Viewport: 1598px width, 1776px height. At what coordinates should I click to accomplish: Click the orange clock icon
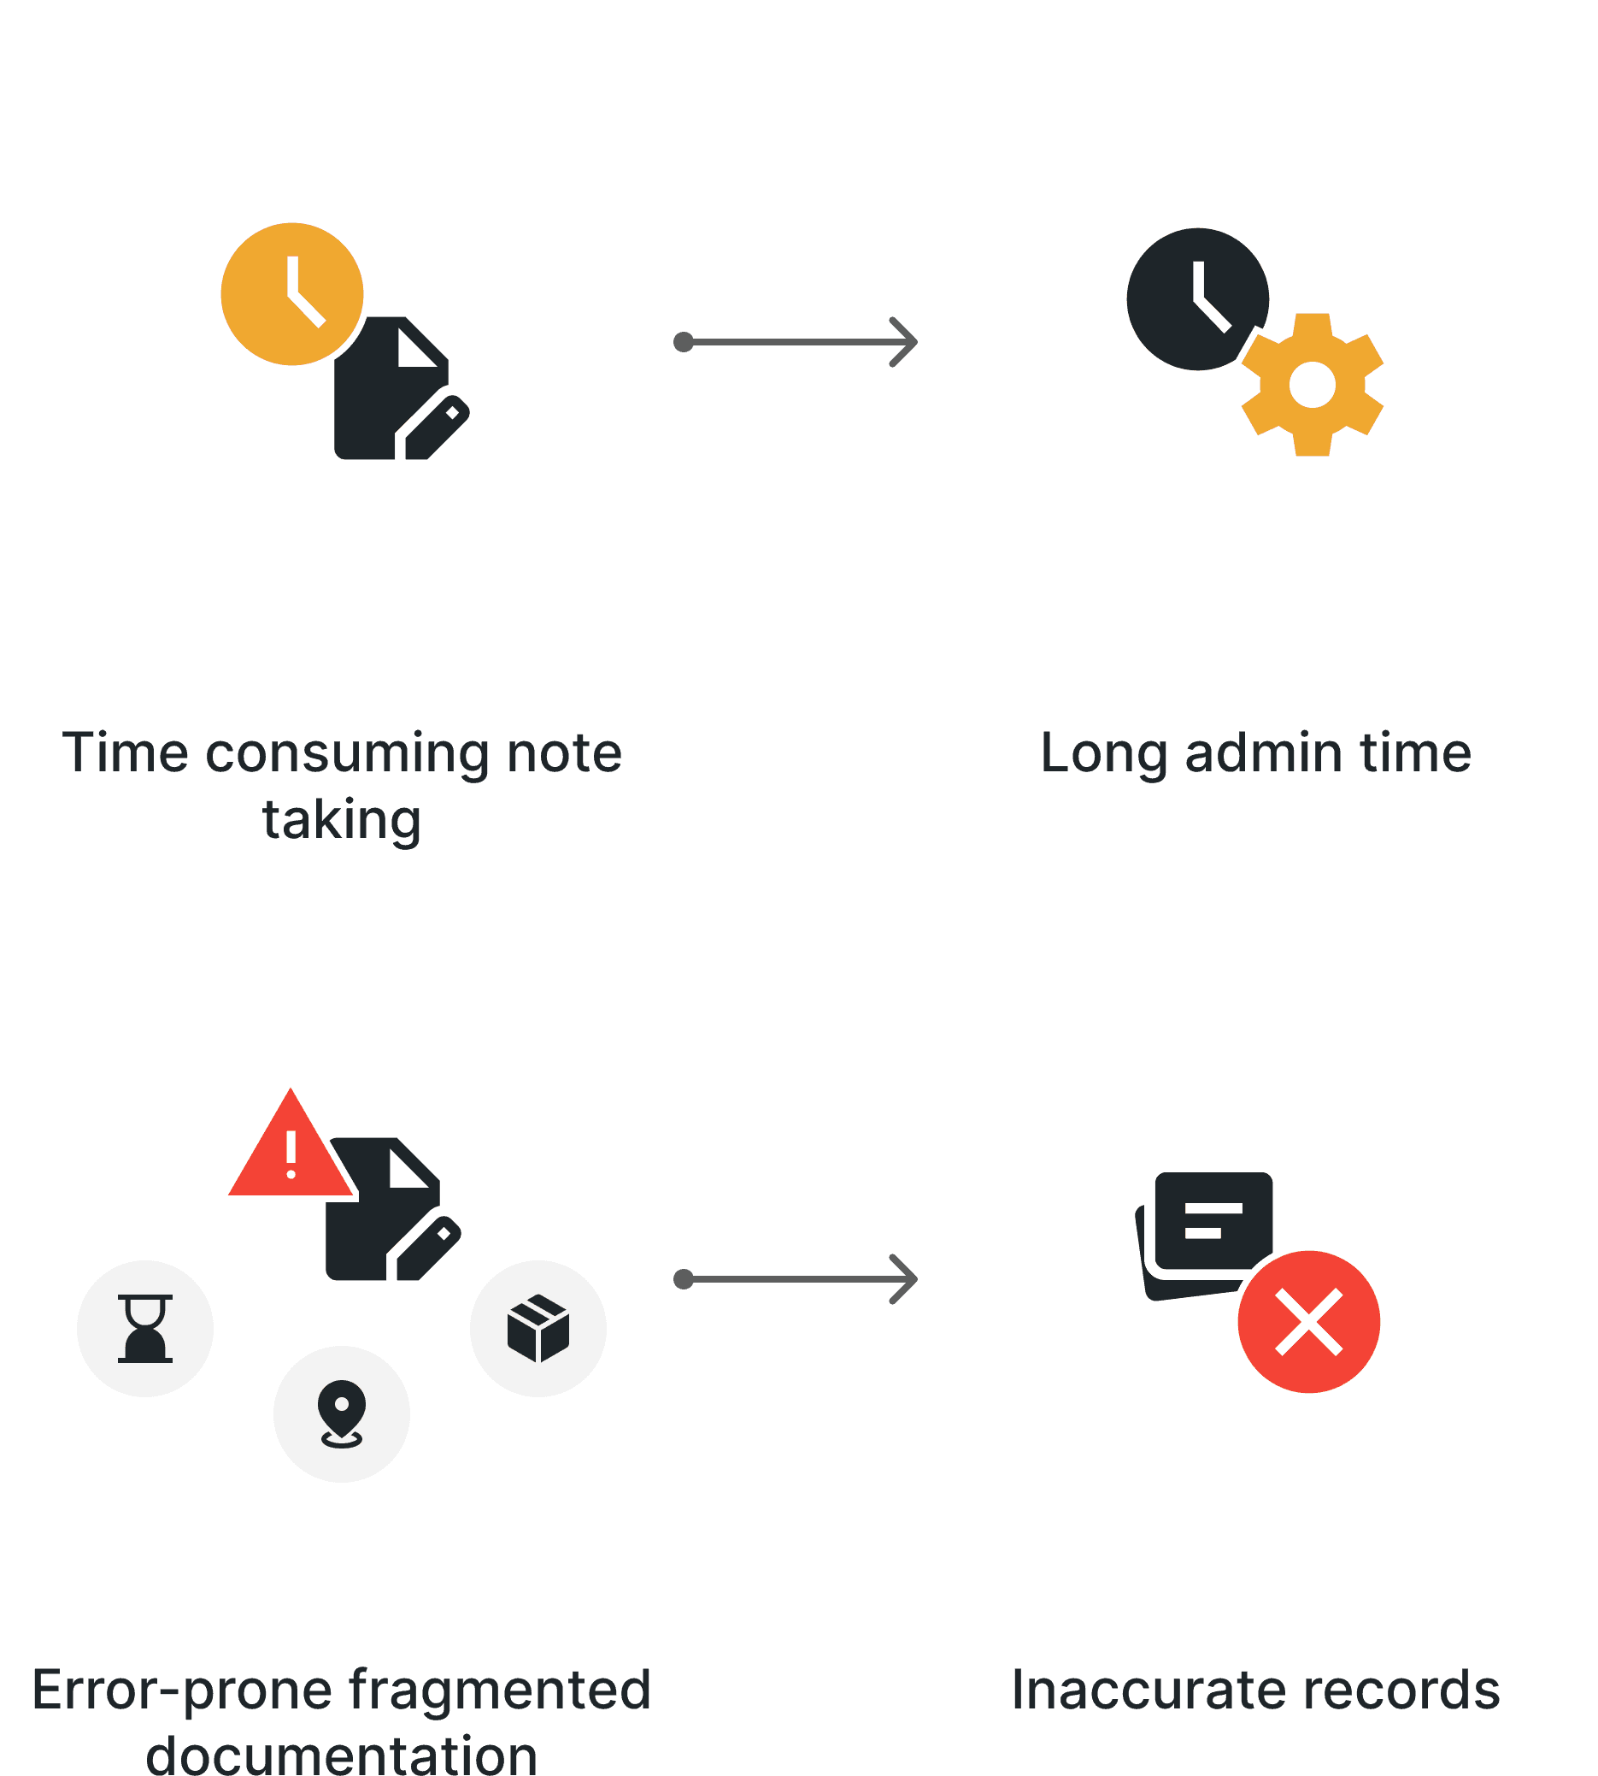pos(291,293)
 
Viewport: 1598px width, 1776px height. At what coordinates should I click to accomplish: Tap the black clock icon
pos(1196,298)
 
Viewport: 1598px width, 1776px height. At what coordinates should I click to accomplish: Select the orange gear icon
pos(1312,385)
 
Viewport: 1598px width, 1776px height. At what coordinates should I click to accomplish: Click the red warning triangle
pos(290,1148)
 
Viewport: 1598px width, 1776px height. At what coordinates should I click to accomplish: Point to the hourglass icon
pos(145,1328)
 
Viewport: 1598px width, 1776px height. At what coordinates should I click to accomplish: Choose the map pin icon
pos(342,1413)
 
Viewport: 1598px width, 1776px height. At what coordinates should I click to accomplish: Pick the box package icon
pos(538,1328)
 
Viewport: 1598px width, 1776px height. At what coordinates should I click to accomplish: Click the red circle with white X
pos(1308,1322)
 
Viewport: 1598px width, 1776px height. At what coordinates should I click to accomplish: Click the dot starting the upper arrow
pos(684,342)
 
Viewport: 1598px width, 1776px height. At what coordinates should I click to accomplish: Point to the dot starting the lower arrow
pos(684,1279)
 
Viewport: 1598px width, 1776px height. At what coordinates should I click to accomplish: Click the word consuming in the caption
pos(346,753)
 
